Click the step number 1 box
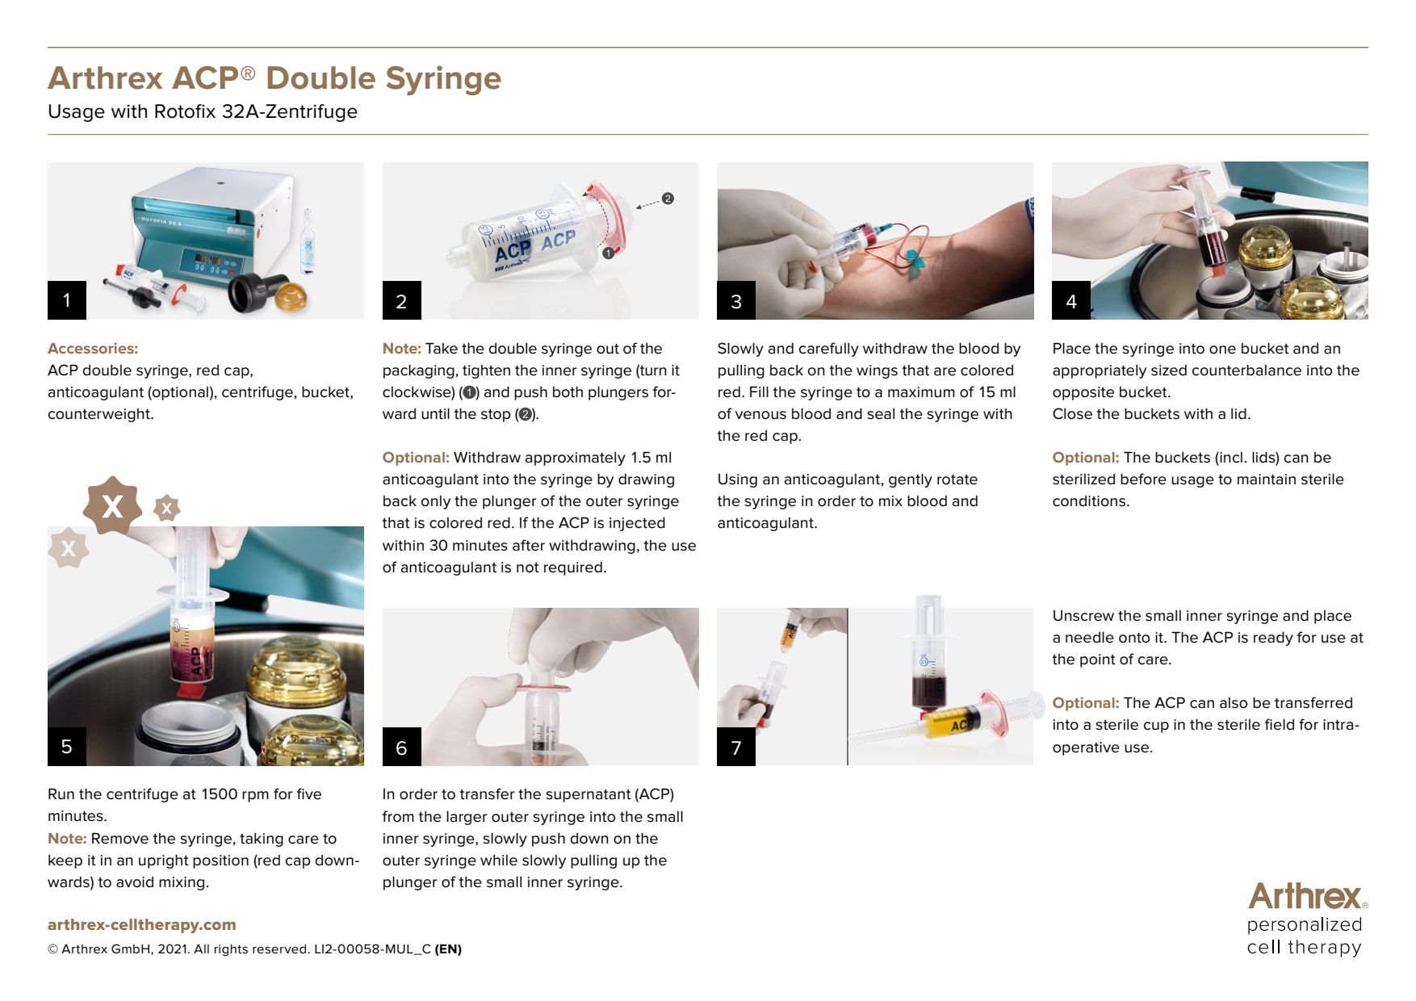coord(67,300)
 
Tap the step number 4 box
coord(1071,300)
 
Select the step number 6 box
coord(402,747)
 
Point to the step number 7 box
coord(736,747)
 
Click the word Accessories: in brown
coord(93,349)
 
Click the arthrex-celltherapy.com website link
coord(142,925)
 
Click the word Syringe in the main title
coord(443,79)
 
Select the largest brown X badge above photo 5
coord(112,506)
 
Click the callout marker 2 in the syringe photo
coord(668,199)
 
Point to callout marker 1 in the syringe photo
coord(608,253)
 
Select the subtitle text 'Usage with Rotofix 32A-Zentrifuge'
coord(203,111)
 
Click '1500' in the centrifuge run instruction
coord(220,794)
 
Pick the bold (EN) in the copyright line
coord(448,949)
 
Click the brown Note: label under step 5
coord(67,839)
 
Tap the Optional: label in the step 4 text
coord(1086,458)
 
